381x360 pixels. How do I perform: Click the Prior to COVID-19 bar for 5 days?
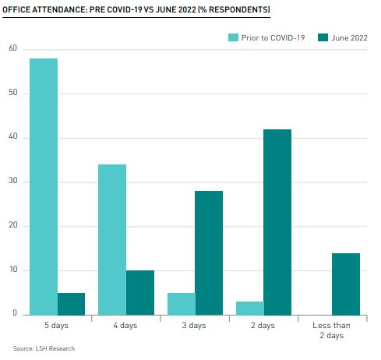point(44,186)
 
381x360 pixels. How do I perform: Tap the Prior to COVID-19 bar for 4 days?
point(112,239)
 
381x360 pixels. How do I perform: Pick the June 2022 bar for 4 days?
point(140,292)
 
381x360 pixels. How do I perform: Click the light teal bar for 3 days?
point(181,303)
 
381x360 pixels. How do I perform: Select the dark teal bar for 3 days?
point(209,252)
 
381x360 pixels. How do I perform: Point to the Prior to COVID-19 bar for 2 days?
point(249,308)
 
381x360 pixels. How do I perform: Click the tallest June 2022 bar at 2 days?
point(277,221)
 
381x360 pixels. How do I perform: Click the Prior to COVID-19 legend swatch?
point(233,37)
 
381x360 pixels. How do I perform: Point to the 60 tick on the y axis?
point(12,49)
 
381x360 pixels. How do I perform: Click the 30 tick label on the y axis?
point(12,182)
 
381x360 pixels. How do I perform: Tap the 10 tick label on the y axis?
point(12,270)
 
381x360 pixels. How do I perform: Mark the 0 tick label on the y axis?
point(15,314)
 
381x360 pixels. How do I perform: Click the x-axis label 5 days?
point(58,325)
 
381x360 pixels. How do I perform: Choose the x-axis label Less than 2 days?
point(332,330)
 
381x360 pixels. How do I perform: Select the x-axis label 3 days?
point(195,325)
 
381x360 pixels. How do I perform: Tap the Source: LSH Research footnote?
point(44,348)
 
